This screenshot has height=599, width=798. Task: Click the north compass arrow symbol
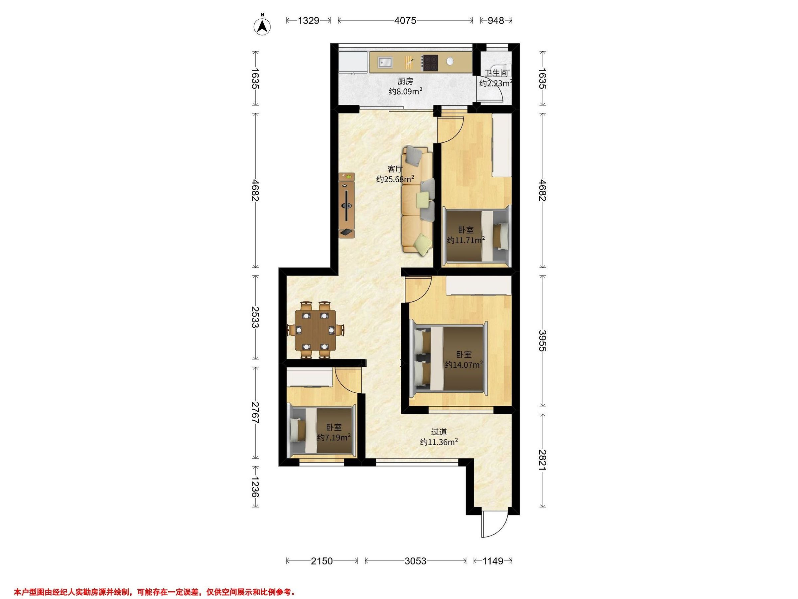pyautogui.click(x=263, y=26)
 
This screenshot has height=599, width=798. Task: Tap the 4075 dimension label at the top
pyautogui.click(x=405, y=21)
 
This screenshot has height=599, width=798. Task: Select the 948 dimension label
pyautogui.click(x=496, y=21)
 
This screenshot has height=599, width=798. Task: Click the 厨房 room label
pyautogui.click(x=405, y=82)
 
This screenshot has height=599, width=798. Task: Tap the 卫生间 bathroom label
pyautogui.click(x=496, y=73)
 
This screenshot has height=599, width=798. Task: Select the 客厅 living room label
pyautogui.click(x=395, y=169)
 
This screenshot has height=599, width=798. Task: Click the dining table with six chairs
pyautogui.click(x=315, y=330)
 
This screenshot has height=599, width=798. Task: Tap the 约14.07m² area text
pyautogui.click(x=464, y=365)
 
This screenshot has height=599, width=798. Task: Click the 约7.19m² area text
pyautogui.click(x=334, y=438)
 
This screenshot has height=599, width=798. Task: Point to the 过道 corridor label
pyautogui.click(x=439, y=432)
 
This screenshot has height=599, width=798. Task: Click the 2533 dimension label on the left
pyautogui.click(x=255, y=317)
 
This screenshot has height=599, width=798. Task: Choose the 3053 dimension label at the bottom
pyautogui.click(x=415, y=561)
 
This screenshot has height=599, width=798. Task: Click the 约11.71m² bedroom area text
pyautogui.click(x=465, y=240)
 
